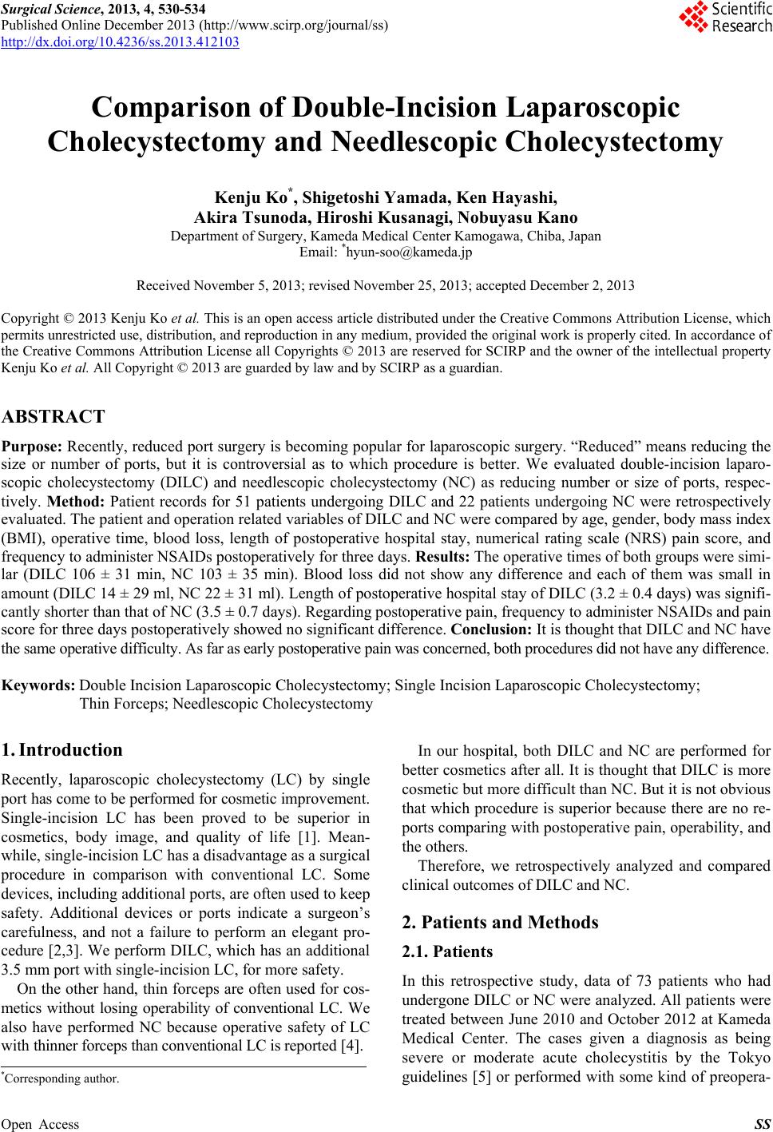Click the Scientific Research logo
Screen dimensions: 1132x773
tap(725, 18)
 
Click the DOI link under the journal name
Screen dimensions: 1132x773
tap(120, 42)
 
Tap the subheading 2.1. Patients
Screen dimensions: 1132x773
tap(447, 951)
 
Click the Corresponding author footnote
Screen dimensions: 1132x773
tap(61, 1078)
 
